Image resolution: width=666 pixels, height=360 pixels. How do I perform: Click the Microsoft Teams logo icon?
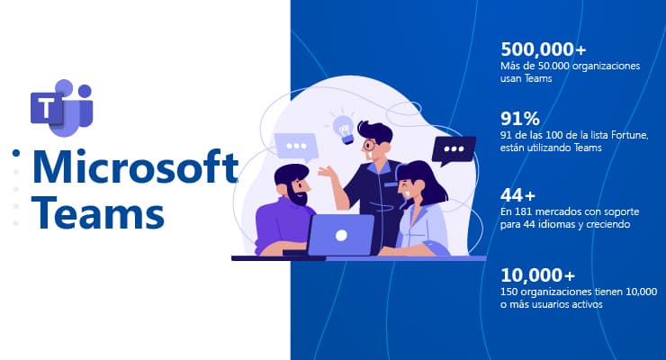pos(61,108)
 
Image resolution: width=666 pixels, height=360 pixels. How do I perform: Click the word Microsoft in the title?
pos(136,166)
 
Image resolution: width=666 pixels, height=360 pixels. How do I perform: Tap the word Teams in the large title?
pos(98,212)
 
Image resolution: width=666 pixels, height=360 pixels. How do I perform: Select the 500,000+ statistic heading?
pos(544,49)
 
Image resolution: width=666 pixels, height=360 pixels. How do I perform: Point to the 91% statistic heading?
pos(520,119)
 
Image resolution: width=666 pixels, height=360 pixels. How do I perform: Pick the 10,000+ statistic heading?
pos(537,275)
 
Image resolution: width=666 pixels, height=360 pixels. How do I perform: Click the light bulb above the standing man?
pos(344,128)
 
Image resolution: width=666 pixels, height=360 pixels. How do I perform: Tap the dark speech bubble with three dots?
pos(454,150)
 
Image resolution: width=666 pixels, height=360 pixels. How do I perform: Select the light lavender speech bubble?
pos(296,147)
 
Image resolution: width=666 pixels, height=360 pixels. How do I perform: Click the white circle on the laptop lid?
pos(341,235)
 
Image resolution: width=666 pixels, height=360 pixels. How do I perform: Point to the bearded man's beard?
pos(298,196)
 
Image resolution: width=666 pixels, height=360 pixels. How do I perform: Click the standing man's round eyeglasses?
pos(368,145)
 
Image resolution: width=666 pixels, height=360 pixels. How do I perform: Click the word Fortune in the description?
pos(629,135)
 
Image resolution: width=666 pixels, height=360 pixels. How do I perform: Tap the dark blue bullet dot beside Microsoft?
pos(16,153)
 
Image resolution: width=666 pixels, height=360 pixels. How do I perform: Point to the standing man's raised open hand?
pos(327,173)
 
